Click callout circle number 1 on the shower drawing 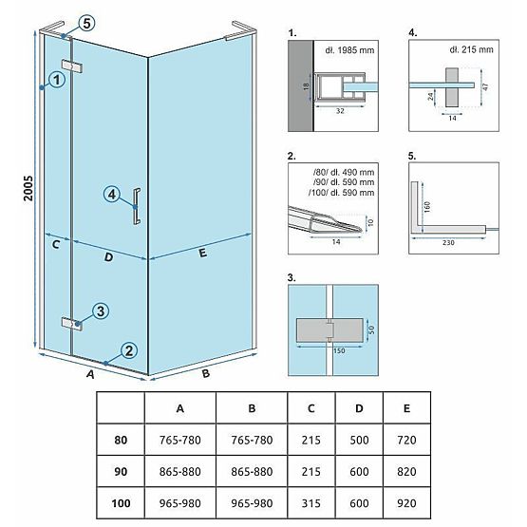(x=57, y=81)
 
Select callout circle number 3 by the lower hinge (x=100, y=311)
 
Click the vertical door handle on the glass (x=138, y=205)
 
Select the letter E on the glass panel (x=202, y=254)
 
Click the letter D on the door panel (x=108, y=256)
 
